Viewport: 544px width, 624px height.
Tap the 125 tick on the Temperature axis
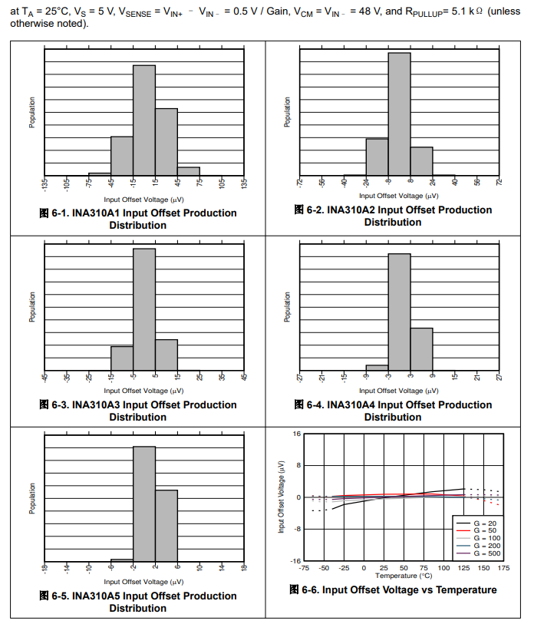(x=464, y=568)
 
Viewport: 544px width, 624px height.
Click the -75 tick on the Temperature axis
(x=304, y=568)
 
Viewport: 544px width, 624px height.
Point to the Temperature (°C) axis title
(x=404, y=576)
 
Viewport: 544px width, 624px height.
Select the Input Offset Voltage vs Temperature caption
(x=393, y=589)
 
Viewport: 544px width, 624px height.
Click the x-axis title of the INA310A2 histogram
(x=399, y=196)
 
